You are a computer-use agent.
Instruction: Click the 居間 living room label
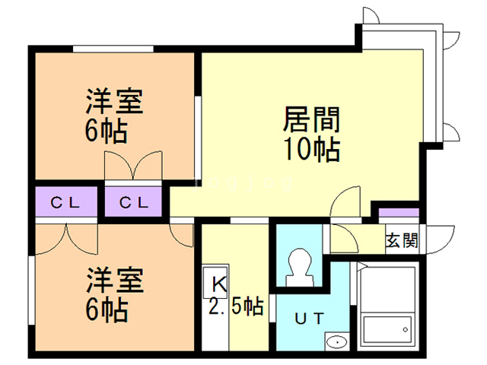311,119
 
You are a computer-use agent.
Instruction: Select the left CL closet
66,202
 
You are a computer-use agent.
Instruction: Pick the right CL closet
133,202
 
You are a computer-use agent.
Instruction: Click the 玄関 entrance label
402,240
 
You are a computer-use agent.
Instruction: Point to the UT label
310,319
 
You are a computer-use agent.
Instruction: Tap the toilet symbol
299,268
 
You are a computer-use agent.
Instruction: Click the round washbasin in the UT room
336,342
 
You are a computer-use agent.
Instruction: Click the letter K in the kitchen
219,284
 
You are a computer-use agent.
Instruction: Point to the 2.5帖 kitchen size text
237,307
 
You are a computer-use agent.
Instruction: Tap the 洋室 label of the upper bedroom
114,101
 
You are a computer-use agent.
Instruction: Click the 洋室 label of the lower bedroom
114,281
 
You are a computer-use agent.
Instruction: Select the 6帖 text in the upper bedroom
107,130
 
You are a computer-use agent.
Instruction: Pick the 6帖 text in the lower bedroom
107,309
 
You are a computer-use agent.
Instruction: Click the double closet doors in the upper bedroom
133,166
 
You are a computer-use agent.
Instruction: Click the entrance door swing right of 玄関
441,239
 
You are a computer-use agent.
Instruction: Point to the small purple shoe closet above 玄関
399,213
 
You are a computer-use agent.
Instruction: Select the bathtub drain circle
405,329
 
